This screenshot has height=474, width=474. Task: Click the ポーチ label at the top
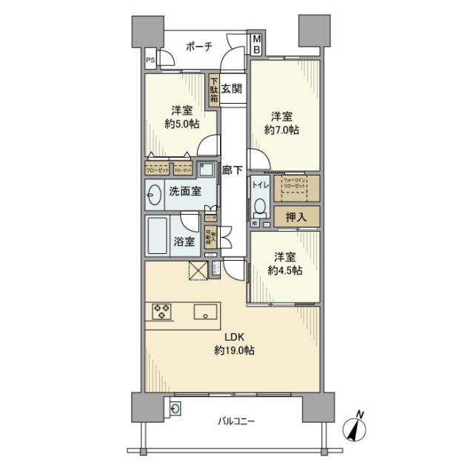click(x=197, y=47)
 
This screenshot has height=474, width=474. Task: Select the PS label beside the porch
click(x=150, y=61)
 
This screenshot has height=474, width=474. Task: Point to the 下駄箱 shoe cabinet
click(x=213, y=91)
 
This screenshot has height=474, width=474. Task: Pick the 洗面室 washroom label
click(x=184, y=191)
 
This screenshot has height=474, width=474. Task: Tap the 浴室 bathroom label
click(x=184, y=241)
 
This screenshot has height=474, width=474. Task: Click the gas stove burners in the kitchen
click(x=163, y=312)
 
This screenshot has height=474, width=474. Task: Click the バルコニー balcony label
click(x=236, y=421)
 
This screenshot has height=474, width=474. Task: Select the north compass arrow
click(x=355, y=428)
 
